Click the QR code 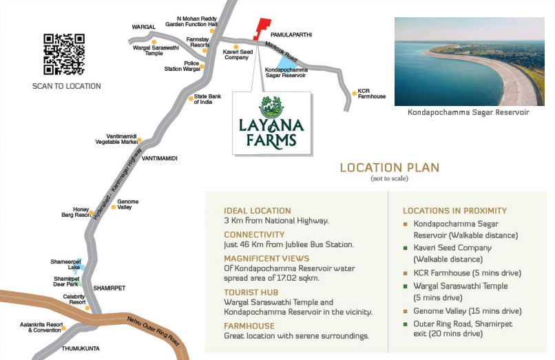[64, 54]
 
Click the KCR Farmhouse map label [371, 94]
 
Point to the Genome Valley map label [127, 204]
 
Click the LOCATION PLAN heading [389, 167]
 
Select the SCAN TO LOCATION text [67, 86]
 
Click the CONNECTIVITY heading [254, 234]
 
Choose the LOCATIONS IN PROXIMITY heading [454, 211]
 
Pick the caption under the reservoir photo [468, 112]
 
